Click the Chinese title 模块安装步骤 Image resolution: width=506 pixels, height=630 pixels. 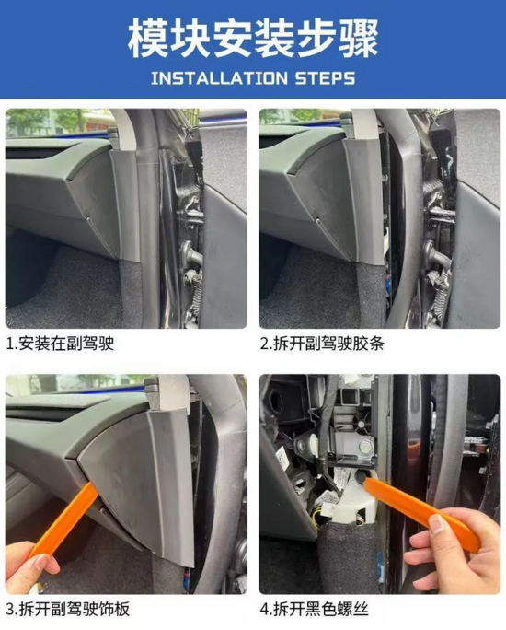pos(253,40)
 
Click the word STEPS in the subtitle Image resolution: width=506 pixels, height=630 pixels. pos(326,78)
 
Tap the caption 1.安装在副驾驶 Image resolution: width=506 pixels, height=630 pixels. pos(61,344)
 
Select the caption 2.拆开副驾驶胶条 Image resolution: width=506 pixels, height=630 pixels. pos(322,344)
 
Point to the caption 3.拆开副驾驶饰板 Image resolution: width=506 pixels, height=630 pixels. pos(68,609)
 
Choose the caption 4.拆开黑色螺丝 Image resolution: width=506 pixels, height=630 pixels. pos(315,609)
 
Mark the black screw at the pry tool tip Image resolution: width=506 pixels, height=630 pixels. pos(361,476)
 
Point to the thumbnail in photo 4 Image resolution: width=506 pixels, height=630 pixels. pos(437,524)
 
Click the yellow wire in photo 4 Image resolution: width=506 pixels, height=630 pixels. pos(317,521)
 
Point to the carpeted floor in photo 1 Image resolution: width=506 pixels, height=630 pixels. pos(64,289)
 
